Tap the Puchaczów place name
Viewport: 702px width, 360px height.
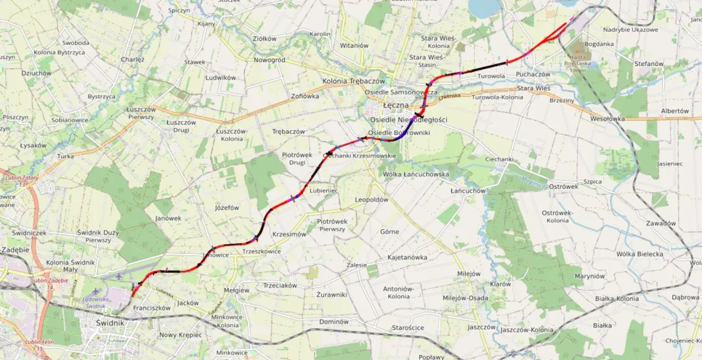pyautogui.click(x=533, y=74)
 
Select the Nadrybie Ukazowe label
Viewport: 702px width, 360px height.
pyautogui.click(x=630, y=30)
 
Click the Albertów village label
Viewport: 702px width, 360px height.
pyautogui.click(x=675, y=111)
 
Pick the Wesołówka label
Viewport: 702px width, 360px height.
pyautogui.click(x=607, y=119)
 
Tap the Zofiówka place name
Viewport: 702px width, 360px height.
pyautogui.click(x=305, y=96)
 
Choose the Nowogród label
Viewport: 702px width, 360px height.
pyautogui.click(x=269, y=60)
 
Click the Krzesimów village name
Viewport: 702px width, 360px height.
pyautogui.click(x=289, y=234)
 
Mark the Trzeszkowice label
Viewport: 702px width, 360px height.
pyautogui.click(x=262, y=251)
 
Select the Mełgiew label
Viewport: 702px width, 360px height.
pyautogui.click(x=237, y=290)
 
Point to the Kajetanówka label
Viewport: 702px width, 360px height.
pyautogui.click(x=407, y=257)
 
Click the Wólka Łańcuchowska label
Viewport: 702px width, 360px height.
pyautogui.click(x=416, y=175)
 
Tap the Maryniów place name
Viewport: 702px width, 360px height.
pyautogui.click(x=590, y=276)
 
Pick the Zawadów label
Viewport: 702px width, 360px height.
pyautogui.click(x=660, y=223)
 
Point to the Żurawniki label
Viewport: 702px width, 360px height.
pyautogui.click(x=331, y=295)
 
